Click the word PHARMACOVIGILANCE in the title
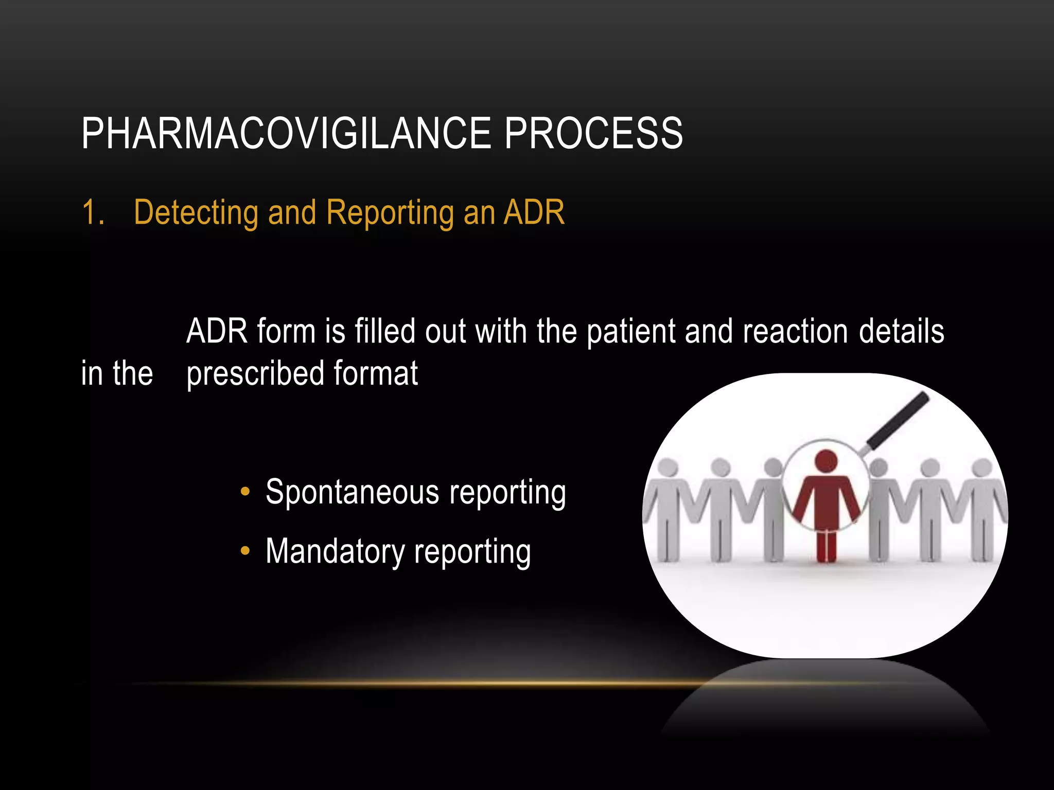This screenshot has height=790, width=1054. pyautogui.click(x=286, y=134)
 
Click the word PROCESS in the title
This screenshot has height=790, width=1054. pyautogui.click(x=593, y=134)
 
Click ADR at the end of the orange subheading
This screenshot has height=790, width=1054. pyautogui.click(x=534, y=212)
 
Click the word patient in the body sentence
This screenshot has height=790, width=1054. pyautogui.click(x=631, y=332)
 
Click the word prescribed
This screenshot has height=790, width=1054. pyautogui.click(x=255, y=374)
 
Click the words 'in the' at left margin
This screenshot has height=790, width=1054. pyautogui.click(x=117, y=373)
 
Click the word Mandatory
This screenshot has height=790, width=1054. pyautogui.click(x=335, y=552)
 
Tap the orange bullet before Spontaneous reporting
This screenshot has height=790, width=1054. pyautogui.click(x=245, y=492)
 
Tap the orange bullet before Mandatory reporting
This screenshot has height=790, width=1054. pyautogui.click(x=245, y=551)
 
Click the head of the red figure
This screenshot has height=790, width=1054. pyautogui.click(x=827, y=461)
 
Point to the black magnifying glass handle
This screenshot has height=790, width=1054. pyautogui.click(x=899, y=420)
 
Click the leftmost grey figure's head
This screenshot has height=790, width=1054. pyautogui.click(x=668, y=468)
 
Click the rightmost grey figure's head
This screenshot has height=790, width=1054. pyautogui.click(x=982, y=468)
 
